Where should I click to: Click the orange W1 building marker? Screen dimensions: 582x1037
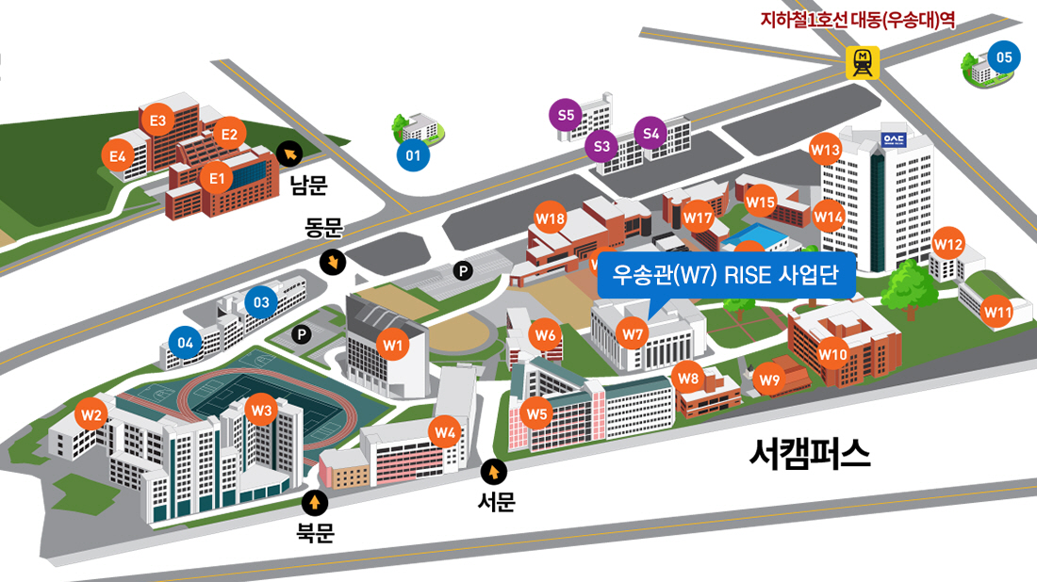point(393,345)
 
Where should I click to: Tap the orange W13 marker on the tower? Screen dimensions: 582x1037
point(825,149)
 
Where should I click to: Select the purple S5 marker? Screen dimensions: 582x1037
point(566,116)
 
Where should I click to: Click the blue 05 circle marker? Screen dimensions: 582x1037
point(1004,57)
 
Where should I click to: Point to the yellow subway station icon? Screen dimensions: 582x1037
point(863,62)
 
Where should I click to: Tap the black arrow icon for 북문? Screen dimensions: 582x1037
point(315,503)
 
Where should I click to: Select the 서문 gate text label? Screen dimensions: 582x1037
point(497,503)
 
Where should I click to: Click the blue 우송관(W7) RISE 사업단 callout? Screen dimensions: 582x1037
point(726,276)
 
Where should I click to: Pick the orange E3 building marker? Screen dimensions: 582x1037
point(157,121)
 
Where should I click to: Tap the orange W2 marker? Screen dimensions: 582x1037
point(91,412)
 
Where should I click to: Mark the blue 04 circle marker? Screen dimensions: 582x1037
point(186,341)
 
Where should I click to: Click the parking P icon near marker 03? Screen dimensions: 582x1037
point(301,333)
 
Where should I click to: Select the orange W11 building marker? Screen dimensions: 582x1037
point(997,311)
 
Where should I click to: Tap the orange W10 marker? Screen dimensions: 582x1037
point(833,354)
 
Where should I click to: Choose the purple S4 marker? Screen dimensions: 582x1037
point(651,133)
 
